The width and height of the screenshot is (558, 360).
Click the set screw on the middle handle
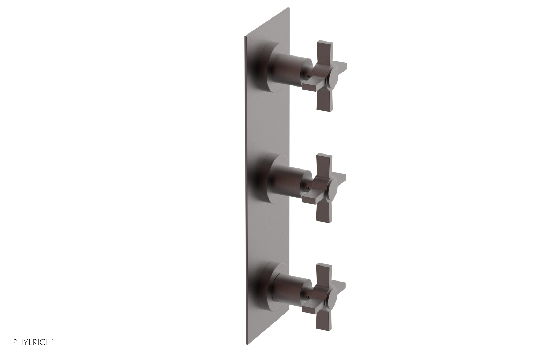point(307,188)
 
